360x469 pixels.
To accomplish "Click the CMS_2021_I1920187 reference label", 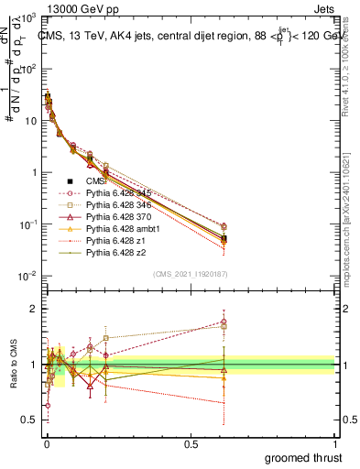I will pyautogui.click(x=190, y=273).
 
